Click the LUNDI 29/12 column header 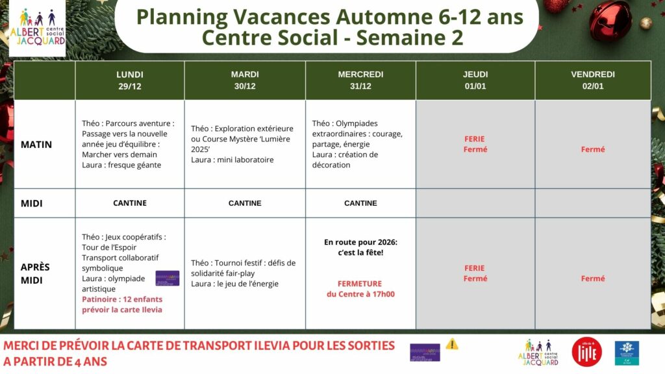pyautogui.click(x=130, y=80)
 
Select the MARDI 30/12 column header pyautogui.click(x=245, y=80)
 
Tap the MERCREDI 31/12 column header pyautogui.click(x=360, y=80)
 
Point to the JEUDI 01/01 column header pyautogui.click(x=475, y=80)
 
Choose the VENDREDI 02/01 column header pyautogui.click(x=593, y=80)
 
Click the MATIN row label pyautogui.click(x=36, y=144)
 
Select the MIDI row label pyautogui.click(x=32, y=203)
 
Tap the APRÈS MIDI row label pyautogui.click(x=35, y=273)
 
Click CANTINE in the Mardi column pyautogui.click(x=245, y=203)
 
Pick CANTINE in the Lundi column pyautogui.click(x=130, y=203)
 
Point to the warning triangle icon pyautogui.click(x=451, y=344)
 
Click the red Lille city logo pyautogui.click(x=586, y=352)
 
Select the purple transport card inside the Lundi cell pyautogui.click(x=167, y=278)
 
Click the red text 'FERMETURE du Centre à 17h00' pyautogui.click(x=360, y=289)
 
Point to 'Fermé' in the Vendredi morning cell pyautogui.click(x=593, y=149)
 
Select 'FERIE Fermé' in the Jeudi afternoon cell pyautogui.click(x=475, y=273)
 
